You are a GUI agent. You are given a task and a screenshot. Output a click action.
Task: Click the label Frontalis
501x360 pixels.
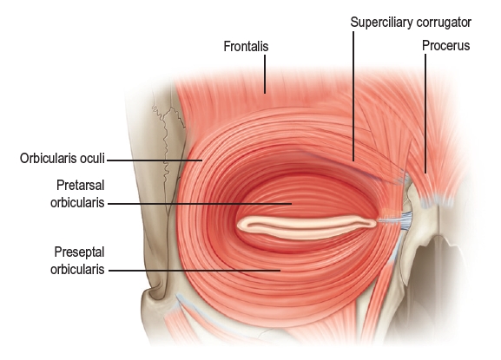[x=246, y=46]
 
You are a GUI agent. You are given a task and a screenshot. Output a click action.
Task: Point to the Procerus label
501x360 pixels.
[x=445, y=46]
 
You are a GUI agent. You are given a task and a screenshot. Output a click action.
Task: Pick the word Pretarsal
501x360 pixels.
[x=81, y=185]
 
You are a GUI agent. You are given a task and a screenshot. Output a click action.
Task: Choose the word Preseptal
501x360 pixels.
[x=79, y=252]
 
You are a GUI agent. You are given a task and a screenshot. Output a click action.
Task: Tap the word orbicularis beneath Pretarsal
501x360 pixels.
[x=77, y=203]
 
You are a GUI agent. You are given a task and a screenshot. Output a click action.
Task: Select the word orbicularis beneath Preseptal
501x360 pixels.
[x=77, y=270]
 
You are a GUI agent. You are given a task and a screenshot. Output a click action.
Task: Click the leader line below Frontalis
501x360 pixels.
[x=265, y=74]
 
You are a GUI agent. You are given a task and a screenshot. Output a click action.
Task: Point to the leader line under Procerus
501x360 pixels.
[x=425, y=114]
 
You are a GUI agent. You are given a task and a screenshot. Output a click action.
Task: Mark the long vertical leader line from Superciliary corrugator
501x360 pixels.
[x=353, y=96]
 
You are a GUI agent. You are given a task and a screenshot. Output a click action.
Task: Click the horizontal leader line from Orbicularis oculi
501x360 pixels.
[x=155, y=160]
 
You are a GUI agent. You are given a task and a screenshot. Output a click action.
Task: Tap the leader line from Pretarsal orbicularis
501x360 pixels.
[x=200, y=203]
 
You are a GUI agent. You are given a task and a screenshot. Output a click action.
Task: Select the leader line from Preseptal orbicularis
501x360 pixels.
[x=194, y=271]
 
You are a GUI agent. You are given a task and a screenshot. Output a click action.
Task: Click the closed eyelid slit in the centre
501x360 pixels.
[x=307, y=227]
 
